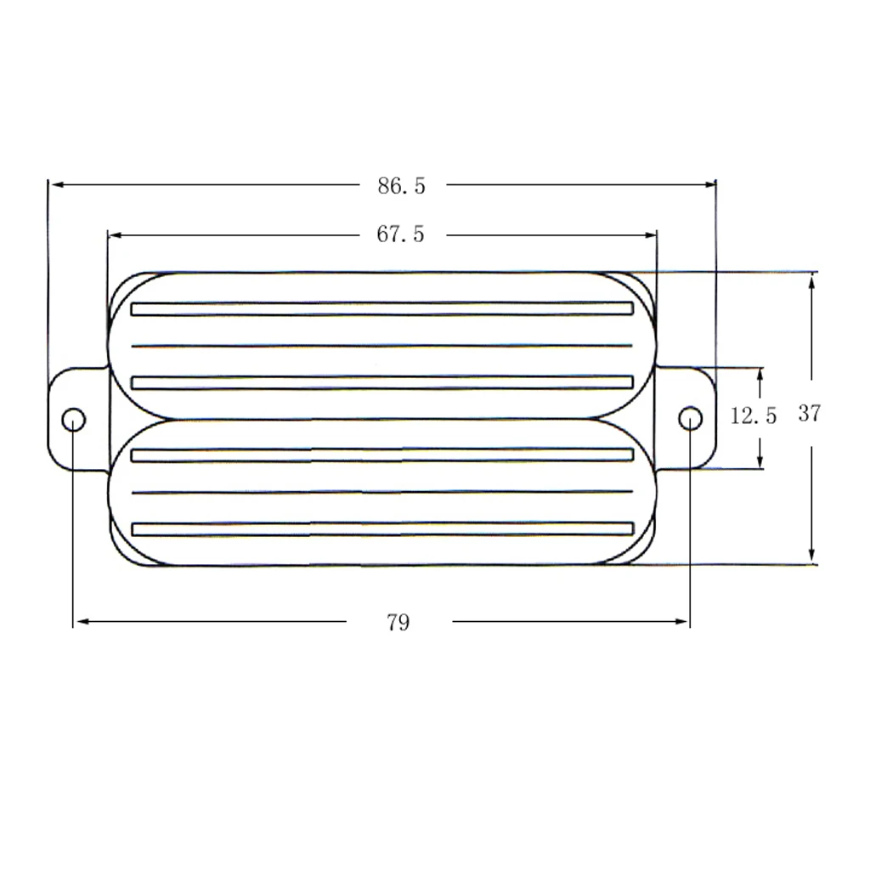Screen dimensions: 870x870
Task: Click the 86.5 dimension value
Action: pos(401,186)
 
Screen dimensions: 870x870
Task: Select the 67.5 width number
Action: pos(400,234)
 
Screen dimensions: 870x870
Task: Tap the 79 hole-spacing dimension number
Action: pos(398,623)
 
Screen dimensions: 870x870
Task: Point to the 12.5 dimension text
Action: pos(754,416)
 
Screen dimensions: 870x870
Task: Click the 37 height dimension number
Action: pos(810,414)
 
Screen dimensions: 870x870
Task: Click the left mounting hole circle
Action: pos(74,419)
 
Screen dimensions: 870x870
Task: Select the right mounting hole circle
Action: pos(691,418)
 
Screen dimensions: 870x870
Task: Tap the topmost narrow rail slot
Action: pos(382,308)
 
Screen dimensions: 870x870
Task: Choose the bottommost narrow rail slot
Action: pos(382,528)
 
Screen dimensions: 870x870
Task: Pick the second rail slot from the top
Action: pos(382,382)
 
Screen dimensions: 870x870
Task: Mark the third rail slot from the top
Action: pos(382,455)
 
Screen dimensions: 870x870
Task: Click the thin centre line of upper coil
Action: pos(382,346)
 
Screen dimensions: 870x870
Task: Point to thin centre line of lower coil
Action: pos(382,492)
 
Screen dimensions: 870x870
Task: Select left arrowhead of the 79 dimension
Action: pos(80,622)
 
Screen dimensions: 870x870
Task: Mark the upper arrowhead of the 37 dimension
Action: pos(812,280)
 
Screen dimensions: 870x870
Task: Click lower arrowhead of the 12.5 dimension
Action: pos(760,462)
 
